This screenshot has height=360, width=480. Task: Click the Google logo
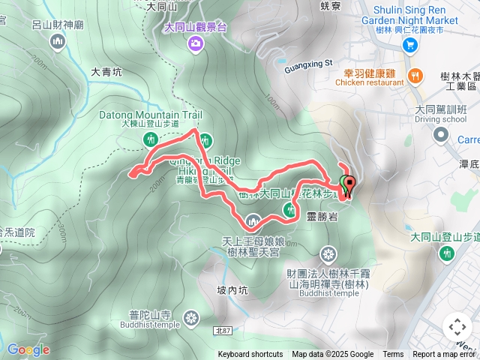(x=28, y=349)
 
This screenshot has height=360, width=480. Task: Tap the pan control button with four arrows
(x=457, y=327)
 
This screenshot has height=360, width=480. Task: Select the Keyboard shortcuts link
(x=250, y=355)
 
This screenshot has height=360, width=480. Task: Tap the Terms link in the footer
(x=393, y=355)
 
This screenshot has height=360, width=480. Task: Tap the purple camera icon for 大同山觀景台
(x=196, y=44)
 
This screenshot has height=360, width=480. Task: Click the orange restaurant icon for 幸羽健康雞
(x=415, y=74)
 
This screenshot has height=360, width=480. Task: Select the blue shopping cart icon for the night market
(x=409, y=45)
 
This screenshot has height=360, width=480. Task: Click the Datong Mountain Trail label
(x=151, y=115)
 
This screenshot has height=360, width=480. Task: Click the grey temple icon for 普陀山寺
(x=192, y=318)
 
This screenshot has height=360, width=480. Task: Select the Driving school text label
(x=440, y=119)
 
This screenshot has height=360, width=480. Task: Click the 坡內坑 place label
(x=232, y=290)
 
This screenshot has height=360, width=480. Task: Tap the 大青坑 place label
(x=106, y=73)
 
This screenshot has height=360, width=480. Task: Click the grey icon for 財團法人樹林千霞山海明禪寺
(x=326, y=252)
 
